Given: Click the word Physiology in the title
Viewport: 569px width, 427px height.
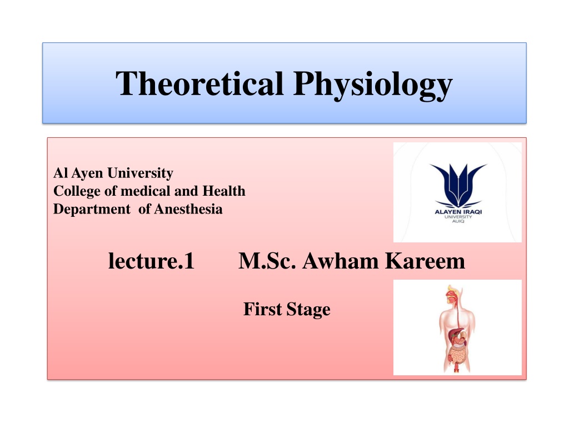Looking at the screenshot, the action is (373, 85).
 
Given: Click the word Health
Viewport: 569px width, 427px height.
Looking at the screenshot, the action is (223, 191).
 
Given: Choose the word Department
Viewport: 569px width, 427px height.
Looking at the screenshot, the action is (92, 210).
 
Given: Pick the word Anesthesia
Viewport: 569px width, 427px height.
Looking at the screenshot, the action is (188, 209).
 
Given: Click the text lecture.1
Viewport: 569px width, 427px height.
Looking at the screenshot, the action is (151, 261).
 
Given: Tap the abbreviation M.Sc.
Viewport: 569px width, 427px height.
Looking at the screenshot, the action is (267, 261).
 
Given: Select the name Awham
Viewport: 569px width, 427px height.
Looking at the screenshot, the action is (341, 261).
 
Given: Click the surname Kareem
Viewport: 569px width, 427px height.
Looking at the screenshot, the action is (425, 261).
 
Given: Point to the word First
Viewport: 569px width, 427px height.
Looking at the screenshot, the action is (262, 309).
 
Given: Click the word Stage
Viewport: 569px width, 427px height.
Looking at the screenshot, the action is (308, 310).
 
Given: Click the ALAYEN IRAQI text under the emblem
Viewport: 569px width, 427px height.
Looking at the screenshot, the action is (458, 212).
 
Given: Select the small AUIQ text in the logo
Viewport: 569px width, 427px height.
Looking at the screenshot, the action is (458, 221).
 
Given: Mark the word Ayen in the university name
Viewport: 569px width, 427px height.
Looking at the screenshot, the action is (87, 173).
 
